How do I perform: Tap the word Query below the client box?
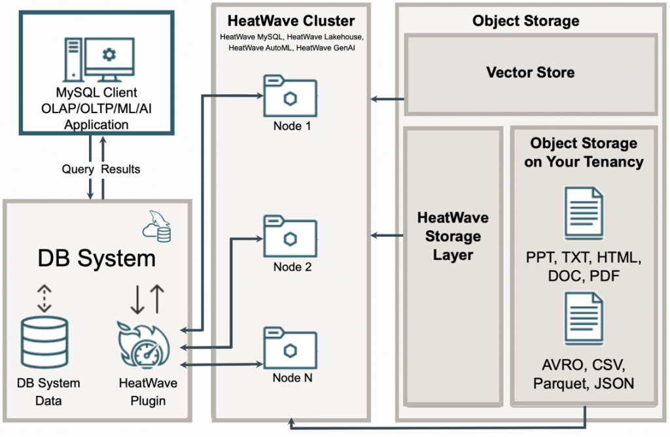click(x=78, y=169)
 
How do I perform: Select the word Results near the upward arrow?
click(x=121, y=169)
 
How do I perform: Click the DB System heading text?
click(x=96, y=257)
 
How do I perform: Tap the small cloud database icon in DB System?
click(x=157, y=229)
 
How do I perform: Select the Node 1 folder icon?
click(x=290, y=96)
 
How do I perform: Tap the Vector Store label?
click(x=531, y=72)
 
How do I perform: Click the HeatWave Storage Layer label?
click(x=453, y=236)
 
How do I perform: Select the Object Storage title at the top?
click(x=525, y=21)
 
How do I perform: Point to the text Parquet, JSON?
click(x=583, y=383)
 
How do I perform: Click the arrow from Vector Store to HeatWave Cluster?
click(x=387, y=99)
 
